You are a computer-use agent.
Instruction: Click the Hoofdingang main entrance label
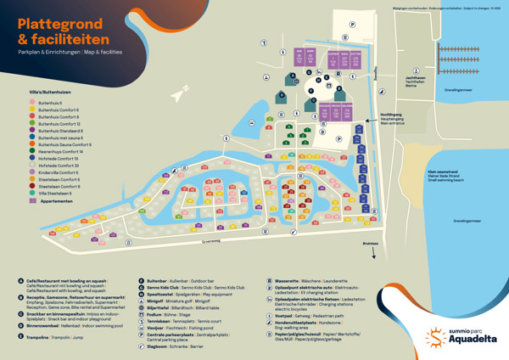tap(390, 117)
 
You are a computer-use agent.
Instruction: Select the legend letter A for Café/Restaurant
tap(20, 281)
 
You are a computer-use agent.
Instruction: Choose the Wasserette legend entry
tap(292, 280)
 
